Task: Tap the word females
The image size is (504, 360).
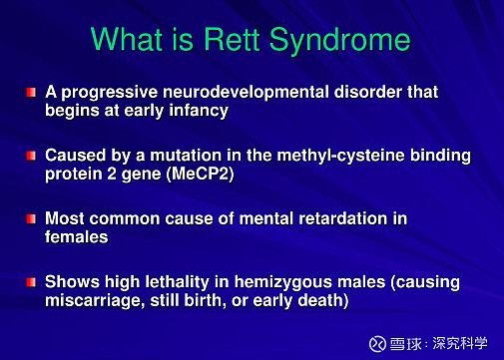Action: click(x=76, y=236)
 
